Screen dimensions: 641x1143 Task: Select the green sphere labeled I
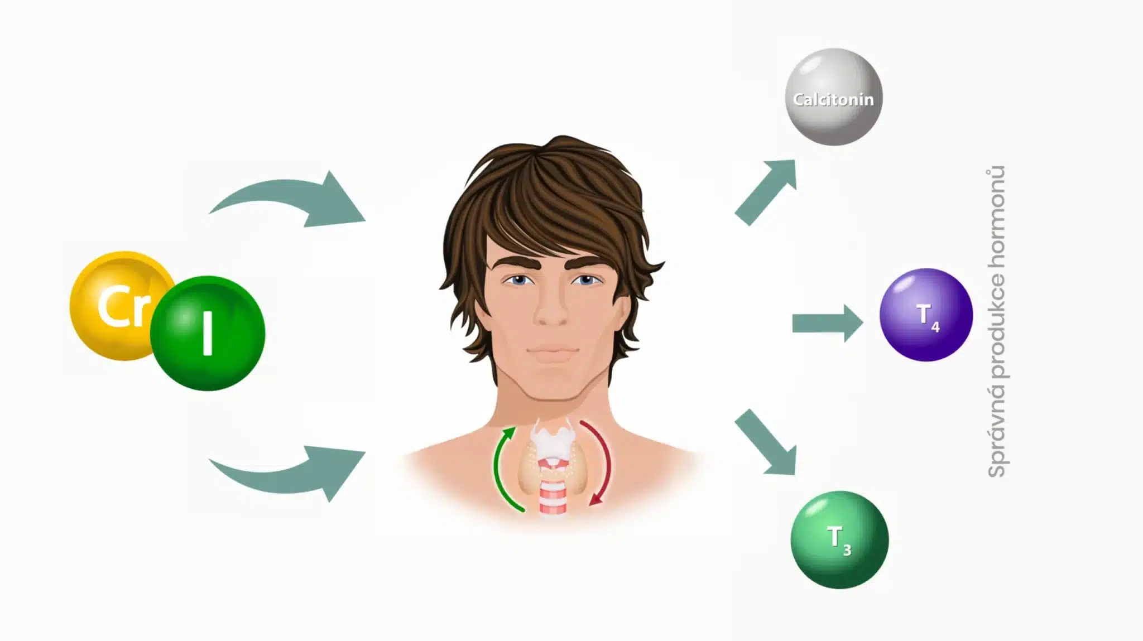coord(208,334)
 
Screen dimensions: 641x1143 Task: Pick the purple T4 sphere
coord(926,315)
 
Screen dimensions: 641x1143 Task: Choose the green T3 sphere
coord(839,539)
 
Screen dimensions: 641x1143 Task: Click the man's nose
coord(551,312)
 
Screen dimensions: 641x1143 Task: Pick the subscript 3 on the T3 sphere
coord(847,551)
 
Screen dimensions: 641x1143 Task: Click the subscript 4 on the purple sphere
coord(935,327)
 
